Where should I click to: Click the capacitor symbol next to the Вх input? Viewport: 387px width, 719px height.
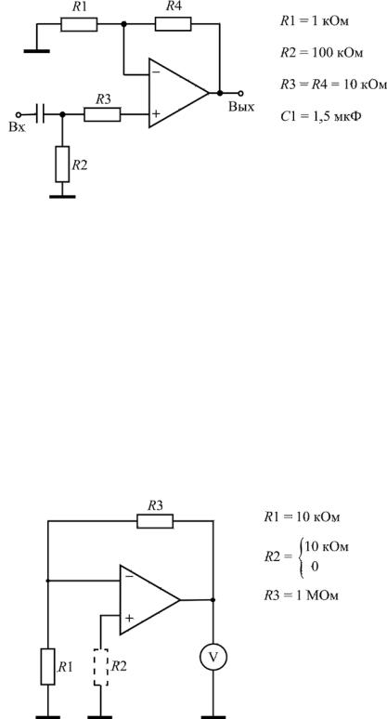click(x=40, y=113)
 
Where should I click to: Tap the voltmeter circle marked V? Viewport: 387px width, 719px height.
click(x=213, y=657)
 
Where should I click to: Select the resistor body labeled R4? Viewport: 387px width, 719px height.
click(x=173, y=24)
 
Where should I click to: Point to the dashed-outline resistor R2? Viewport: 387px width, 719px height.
click(x=101, y=667)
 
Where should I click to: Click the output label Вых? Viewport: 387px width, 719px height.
click(x=241, y=108)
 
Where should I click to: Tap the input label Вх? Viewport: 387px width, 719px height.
click(x=17, y=127)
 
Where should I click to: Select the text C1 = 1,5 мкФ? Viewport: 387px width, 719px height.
click(x=320, y=116)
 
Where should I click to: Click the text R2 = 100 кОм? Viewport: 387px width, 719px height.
click(x=321, y=53)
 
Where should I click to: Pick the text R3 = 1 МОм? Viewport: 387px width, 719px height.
click(x=301, y=595)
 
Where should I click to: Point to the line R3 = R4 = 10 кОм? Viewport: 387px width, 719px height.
click(x=333, y=85)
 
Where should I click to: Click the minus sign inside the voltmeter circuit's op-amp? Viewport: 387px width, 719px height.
click(x=130, y=576)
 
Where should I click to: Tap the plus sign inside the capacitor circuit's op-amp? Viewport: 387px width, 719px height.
click(x=156, y=113)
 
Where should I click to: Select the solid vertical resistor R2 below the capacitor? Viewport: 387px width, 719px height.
click(x=63, y=164)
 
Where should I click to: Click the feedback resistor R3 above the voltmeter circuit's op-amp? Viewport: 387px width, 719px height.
click(x=155, y=521)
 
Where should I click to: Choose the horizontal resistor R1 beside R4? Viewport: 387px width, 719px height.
click(x=79, y=24)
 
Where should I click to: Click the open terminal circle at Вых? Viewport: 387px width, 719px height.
click(x=241, y=93)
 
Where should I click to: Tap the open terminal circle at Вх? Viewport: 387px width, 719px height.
click(x=19, y=114)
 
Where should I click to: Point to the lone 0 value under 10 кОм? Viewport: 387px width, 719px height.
click(x=315, y=567)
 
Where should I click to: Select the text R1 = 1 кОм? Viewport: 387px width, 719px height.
click(x=315, y=21)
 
